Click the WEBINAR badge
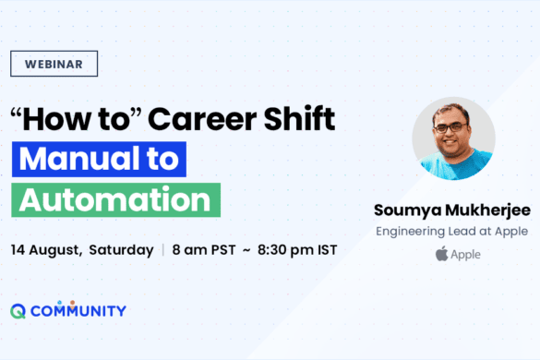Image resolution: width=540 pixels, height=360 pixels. pos(54,64)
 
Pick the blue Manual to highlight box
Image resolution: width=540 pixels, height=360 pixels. pos(99,159)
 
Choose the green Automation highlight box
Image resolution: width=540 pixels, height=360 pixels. pos(115,199)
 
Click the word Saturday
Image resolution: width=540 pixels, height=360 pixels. pos(123,250)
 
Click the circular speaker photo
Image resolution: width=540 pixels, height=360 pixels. pos(452,138)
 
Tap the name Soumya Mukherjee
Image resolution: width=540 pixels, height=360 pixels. pos(452,208)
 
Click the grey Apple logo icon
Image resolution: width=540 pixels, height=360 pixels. pos(441,254)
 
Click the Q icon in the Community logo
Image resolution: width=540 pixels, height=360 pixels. pos(18,311)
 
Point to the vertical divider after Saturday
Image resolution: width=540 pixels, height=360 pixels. pos(163,250)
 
